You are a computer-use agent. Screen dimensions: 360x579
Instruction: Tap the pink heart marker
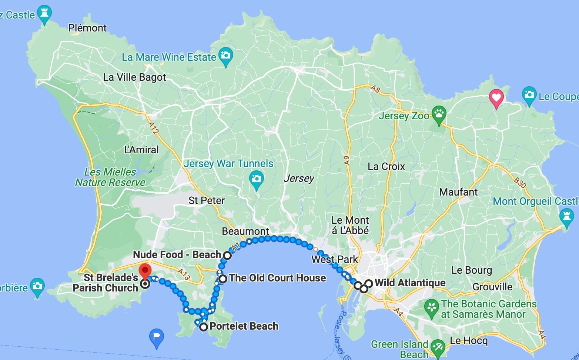pos(496,98)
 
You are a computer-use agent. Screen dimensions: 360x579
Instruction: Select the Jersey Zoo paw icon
pos(439,114)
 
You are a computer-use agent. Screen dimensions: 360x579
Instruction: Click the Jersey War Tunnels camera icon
pos(256,179)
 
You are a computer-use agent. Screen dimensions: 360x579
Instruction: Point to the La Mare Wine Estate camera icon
pos(225,56)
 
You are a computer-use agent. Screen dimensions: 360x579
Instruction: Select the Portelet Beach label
pos(244,326)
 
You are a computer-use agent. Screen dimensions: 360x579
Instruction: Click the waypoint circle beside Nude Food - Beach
pos(227,255)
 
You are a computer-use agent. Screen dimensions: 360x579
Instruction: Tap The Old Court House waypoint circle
pos(222,279)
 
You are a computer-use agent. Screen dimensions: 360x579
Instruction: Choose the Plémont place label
pos(87,28)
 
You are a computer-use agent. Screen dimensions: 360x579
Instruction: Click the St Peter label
pos(207,200)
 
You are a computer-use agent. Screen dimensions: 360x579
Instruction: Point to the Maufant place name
pos(458,192)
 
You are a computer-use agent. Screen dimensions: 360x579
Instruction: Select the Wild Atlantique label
pos(410,283)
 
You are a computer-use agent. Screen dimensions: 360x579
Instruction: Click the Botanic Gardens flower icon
pos(431,307)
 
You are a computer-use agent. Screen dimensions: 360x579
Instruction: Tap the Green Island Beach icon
pos(438,347)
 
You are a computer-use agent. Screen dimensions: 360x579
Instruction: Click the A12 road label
pos(153,128)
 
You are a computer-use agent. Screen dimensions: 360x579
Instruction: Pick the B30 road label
pos(520,182)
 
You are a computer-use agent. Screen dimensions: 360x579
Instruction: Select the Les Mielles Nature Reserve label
pos(110,177)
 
